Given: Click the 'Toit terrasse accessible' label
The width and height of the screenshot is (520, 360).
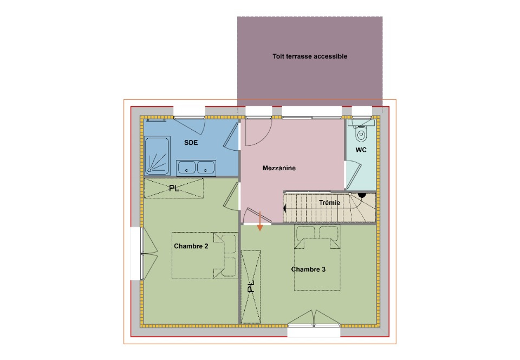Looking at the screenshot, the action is click(x=310, y=56).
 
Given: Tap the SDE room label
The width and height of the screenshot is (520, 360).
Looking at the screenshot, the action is click(x=191, y=143).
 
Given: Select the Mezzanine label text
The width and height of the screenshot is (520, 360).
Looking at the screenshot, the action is click(x=279, y=168).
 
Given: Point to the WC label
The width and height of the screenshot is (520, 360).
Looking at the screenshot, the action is click(x=361, y=150).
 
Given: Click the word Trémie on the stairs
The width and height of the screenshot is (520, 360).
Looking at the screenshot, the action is click(x=329, y=202).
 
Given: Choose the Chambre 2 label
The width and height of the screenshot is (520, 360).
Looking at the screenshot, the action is click(x=191, y=246).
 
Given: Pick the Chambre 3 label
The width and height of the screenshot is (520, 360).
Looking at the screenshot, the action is click(x=308, y=269).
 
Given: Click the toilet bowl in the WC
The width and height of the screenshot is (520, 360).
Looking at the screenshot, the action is click(x=361, y=134).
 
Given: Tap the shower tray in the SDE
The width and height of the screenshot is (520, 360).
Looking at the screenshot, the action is click(x=157, y=156).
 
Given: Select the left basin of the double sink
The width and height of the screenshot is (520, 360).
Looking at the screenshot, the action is click(x=186, y=167).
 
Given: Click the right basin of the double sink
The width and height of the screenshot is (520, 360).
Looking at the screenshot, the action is click(x=206, y=167).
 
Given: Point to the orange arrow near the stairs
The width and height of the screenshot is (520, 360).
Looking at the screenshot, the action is click(x=260, y=221).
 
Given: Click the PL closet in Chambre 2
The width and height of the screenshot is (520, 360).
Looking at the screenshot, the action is click(x=174, y=188).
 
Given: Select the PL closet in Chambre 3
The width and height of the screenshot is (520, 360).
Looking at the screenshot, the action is click(x=251, y=287).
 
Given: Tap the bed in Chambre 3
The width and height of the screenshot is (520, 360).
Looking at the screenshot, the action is click(x=317, y=258).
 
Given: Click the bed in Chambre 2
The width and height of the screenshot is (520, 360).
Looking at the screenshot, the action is click(x=205, y=255).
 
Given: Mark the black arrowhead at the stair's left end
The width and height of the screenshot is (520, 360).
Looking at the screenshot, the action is click(x=284, y=209).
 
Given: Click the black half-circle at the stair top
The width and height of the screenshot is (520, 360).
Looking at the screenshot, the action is click(x=362, y=195).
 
